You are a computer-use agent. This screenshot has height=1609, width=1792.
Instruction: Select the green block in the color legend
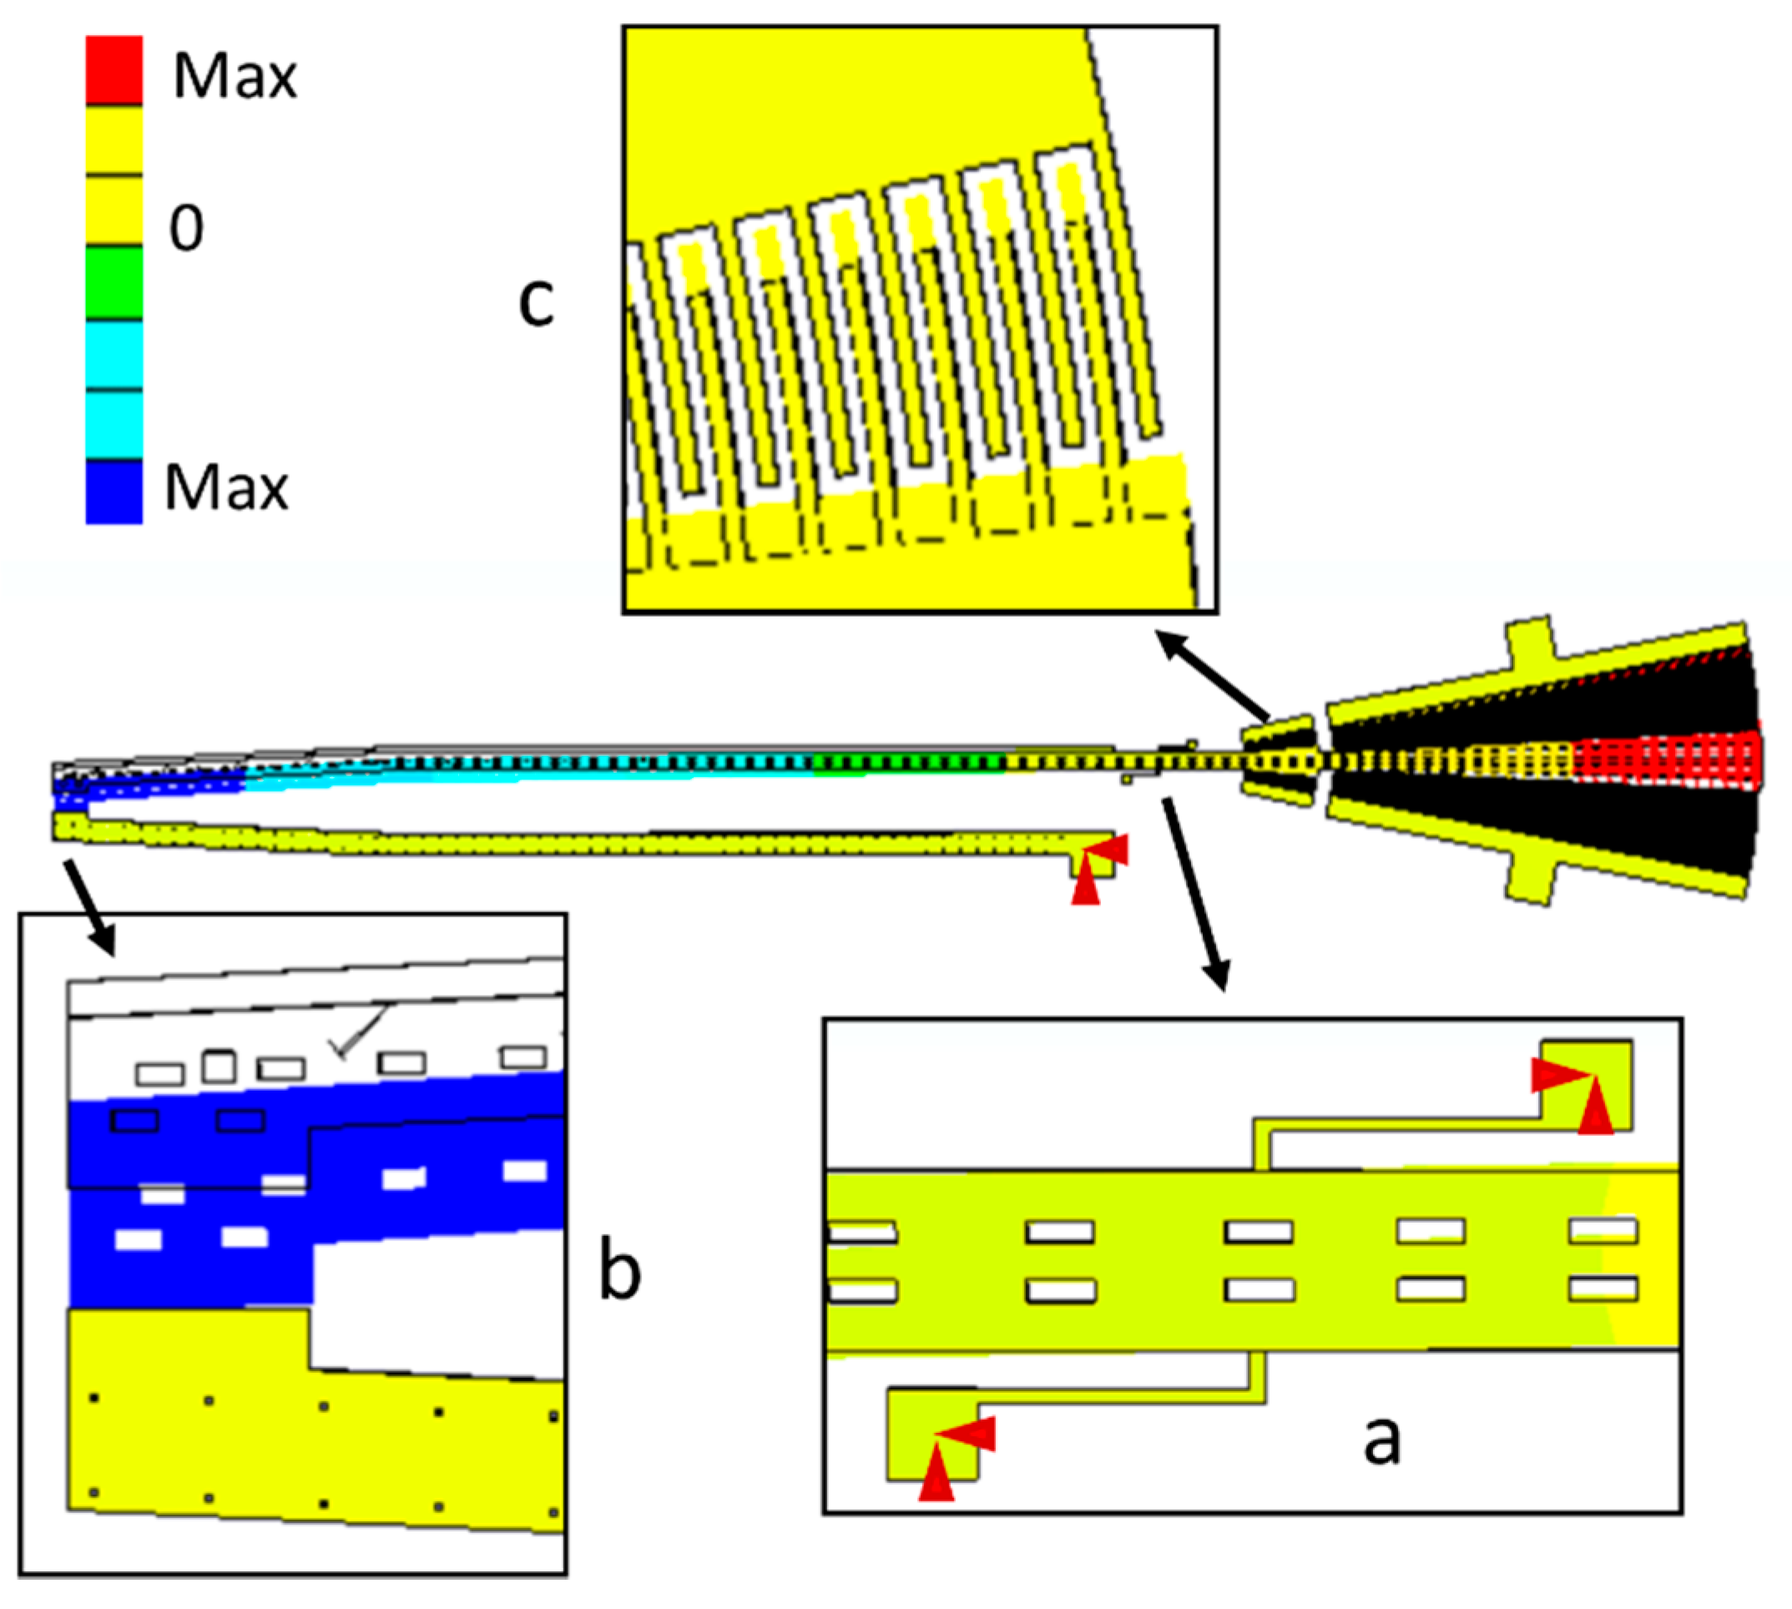[114, 282]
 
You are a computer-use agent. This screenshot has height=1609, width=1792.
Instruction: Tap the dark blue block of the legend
[114, 492]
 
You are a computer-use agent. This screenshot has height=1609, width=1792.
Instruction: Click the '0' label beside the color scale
[186, 228]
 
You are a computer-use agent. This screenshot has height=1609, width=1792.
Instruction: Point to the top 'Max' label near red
[235, 77]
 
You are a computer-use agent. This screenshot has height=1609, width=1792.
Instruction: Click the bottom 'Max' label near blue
[226, 488]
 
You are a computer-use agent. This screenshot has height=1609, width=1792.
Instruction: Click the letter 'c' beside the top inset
[536, 302]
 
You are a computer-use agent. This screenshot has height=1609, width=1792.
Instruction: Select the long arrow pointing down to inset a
[1194, 893]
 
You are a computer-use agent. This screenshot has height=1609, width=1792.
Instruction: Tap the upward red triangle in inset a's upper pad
[1595, 1106]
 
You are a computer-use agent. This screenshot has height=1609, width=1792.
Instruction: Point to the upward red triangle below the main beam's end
[1085, 885]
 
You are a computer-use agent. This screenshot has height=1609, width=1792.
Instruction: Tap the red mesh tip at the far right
[1671, 759]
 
